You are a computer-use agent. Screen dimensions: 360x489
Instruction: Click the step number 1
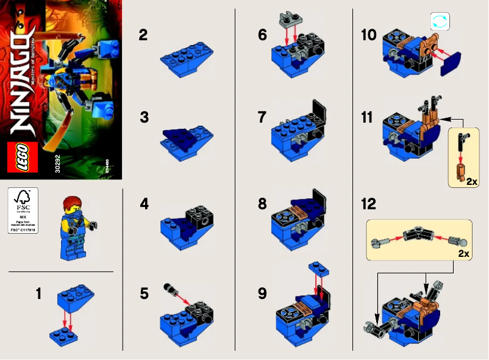click(38, 294)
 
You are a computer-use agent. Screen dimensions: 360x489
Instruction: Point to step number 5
click(143, 294)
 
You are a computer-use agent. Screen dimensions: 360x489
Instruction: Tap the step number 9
click(262, 294)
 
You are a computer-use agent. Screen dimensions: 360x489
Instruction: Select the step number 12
click(368, 204)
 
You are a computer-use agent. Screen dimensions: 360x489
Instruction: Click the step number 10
click(368, 35)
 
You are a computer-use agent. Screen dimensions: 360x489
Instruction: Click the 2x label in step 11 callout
click(471, 181)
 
